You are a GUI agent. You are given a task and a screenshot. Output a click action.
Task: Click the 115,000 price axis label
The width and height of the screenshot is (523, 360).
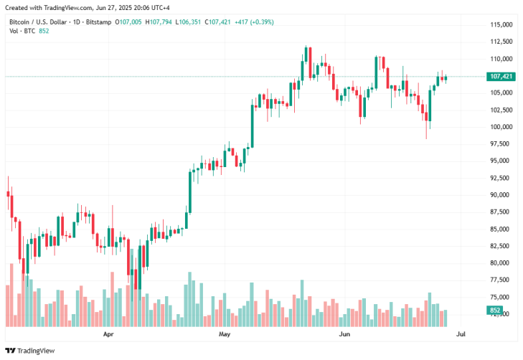tap(500, 24)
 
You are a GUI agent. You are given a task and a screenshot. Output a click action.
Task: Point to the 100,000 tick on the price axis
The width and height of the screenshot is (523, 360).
tap(500, 127)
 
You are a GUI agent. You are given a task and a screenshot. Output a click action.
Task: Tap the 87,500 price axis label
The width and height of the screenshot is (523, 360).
tap(500, 212)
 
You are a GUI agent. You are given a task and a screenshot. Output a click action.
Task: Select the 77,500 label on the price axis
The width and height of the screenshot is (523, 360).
tap(500, 280)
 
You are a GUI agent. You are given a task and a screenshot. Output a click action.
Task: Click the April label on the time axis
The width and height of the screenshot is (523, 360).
tap(108, 334)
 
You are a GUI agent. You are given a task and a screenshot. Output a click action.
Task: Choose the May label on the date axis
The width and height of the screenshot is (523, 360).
tap(224, 334)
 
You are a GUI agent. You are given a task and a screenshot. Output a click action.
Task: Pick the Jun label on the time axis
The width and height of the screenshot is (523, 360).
tap(345, 334)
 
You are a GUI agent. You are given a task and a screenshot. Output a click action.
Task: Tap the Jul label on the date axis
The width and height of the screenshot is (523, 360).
tap(461, 334)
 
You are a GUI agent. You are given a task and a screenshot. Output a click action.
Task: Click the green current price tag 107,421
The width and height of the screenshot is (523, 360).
tap(499, 76)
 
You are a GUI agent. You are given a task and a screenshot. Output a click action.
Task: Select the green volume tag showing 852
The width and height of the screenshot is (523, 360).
tap(495, 311)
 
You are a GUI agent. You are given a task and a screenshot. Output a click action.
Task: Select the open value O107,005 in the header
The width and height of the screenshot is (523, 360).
tap(128, 22)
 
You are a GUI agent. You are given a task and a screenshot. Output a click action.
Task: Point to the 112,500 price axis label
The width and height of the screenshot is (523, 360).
tap(500, 42)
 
